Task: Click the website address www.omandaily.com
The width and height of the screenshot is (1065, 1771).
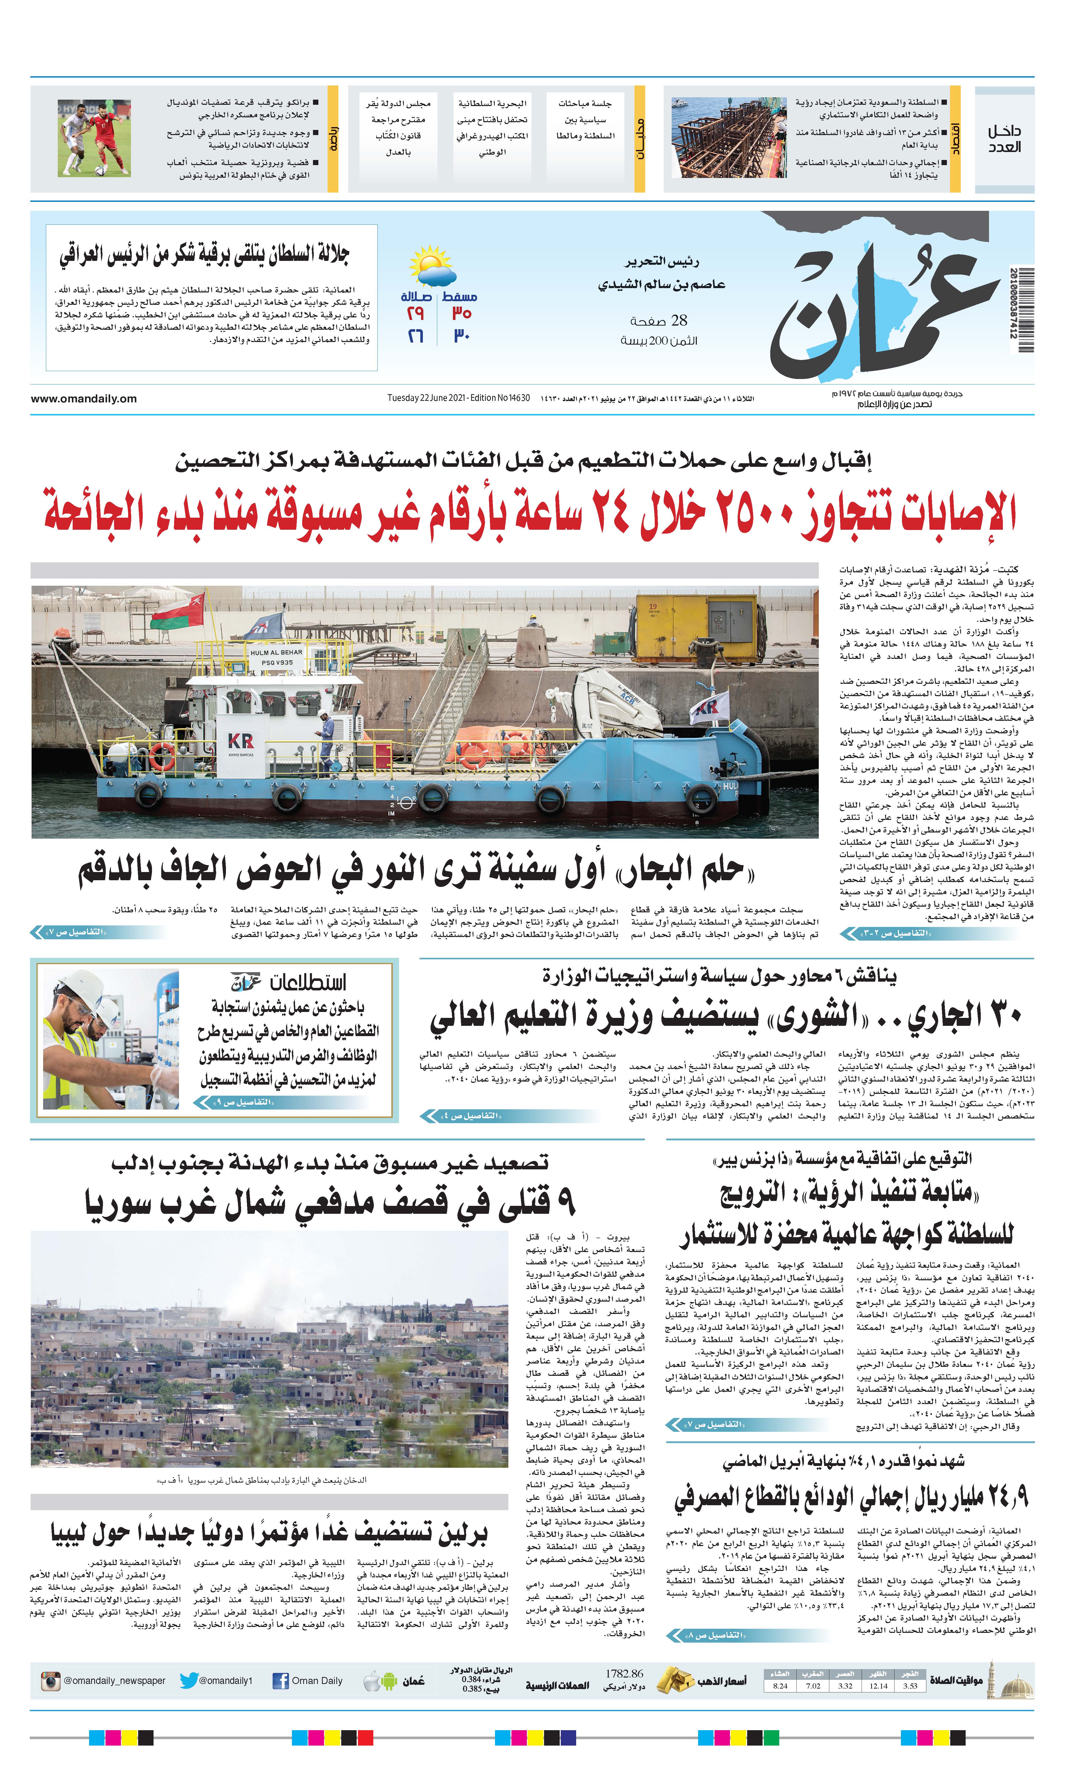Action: [x=83, y=399]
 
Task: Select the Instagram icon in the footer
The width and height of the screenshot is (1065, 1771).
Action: [x=50, y=1681]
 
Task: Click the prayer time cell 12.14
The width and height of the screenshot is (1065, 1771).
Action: [x=878, y=1685]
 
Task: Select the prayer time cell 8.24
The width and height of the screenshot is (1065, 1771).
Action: [x=780, y=1685]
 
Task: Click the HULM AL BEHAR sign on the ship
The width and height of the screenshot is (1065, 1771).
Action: [x=276, y=653]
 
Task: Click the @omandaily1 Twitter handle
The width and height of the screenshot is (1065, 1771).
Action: [x=225, y=1681]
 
